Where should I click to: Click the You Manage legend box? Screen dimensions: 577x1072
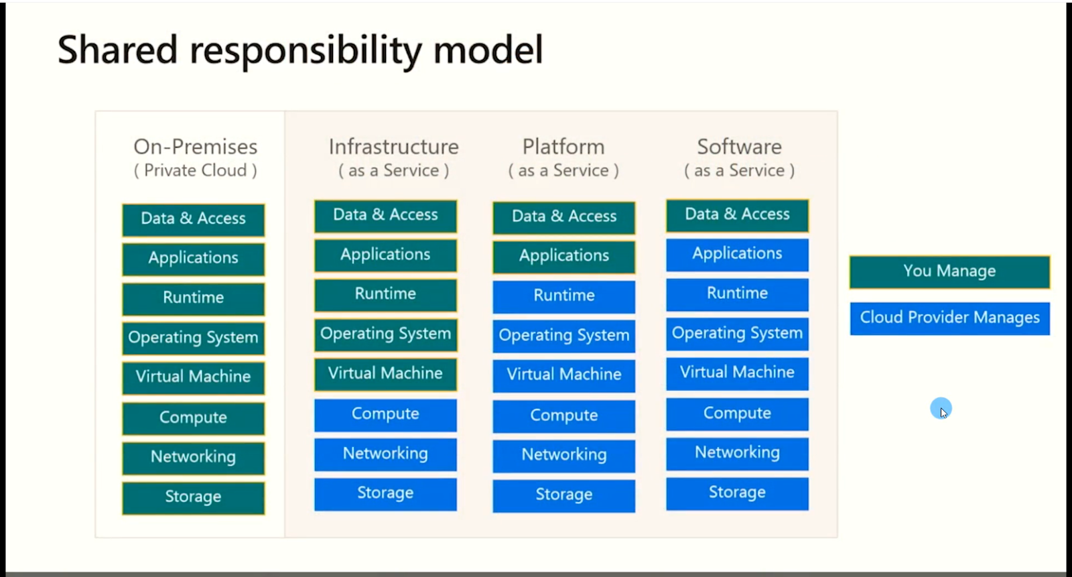(949, 271)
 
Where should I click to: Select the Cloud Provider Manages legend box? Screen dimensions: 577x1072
(949, 318)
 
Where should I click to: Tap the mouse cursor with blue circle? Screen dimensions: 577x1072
(941, 408)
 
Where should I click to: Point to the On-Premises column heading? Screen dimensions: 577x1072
(195, 147)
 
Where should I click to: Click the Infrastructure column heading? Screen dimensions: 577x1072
(393, 147)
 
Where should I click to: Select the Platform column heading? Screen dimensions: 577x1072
(563, 147)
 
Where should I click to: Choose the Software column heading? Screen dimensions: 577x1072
(739, 147)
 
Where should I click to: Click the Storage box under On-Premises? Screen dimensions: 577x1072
(193, 497)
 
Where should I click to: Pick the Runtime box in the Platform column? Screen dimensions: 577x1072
(563, 296)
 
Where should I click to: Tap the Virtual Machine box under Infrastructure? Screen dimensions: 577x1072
(385, 374)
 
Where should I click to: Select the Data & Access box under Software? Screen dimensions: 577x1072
(737, 215)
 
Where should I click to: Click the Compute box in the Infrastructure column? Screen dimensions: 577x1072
(385, 415)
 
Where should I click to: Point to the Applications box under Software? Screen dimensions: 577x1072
(737, 254)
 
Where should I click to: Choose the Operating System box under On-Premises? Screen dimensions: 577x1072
(193, 338)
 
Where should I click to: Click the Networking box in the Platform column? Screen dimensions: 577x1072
(563, 455)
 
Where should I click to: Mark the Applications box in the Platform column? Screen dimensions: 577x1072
(563, 257)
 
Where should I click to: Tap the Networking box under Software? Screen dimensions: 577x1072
(737, 453)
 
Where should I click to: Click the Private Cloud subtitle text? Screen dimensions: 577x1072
(195, 171)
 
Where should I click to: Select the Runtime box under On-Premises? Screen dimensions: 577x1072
(193, 298)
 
